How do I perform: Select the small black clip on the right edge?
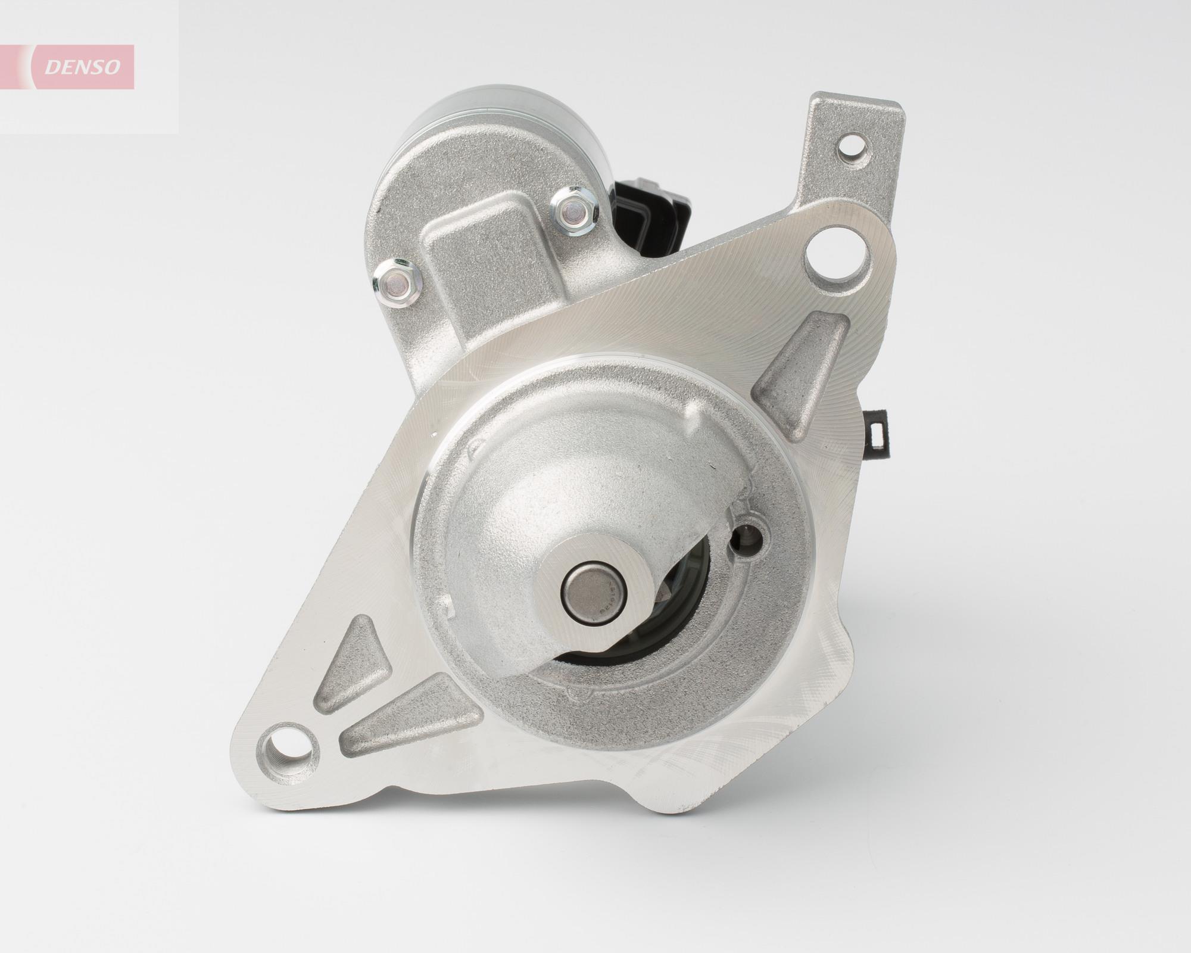(878, 435)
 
